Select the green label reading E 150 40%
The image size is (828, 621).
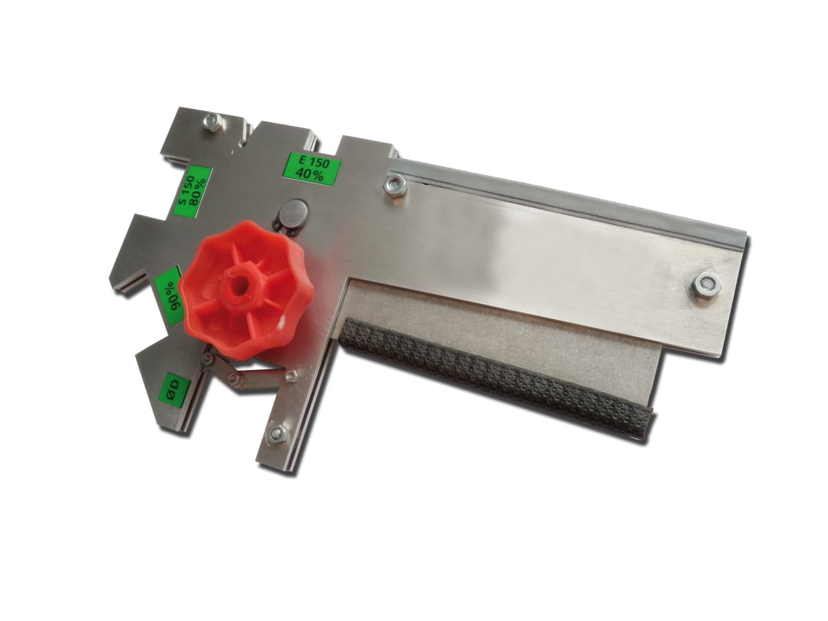(x=310, y=168)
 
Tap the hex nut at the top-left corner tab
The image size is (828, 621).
(x=213, y=121)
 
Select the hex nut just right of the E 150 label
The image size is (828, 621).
(x=395, y=185)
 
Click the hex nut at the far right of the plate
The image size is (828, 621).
(x=706, y=286)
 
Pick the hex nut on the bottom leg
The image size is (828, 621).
(x=277, y=434)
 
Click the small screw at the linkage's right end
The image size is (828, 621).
(x=291, y=376)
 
